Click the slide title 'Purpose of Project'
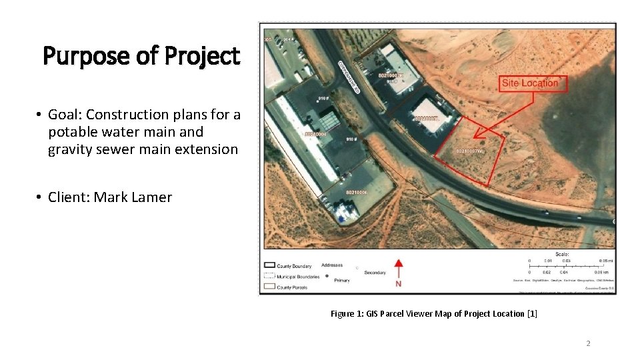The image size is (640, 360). coord(141,56)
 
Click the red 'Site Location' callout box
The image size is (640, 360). coord(530,83)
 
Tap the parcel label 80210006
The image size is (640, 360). coord(356,193)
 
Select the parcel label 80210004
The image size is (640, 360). coord(315,134)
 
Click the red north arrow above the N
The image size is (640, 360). coord(399,269)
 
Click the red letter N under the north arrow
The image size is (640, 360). coord(399,284)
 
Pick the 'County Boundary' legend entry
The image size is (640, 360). coord(293,265)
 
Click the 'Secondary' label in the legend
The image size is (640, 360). coord(375,273)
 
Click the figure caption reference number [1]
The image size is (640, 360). coord(532,313)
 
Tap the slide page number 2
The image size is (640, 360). coord(588,343)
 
